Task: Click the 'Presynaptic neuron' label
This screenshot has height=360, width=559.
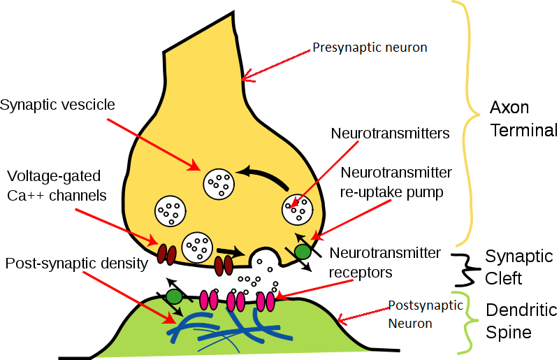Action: [x=370, y=48]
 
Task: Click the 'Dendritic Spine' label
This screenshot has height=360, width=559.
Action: [x=521, y=320]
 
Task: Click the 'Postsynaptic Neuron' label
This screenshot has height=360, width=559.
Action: [x=426, y=314]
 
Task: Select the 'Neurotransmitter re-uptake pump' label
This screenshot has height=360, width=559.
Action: [x=395, y=182]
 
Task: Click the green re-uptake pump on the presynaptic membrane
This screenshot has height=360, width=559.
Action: [x=302, y=250]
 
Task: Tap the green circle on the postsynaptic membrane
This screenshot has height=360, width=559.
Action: [x=174, y=296]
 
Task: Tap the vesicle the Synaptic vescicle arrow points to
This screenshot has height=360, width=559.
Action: [x=217, y=184]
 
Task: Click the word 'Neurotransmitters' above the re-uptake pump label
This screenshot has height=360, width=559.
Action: [x=390, y=132]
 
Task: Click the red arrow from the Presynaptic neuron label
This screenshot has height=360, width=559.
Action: [x=277, y=63]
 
